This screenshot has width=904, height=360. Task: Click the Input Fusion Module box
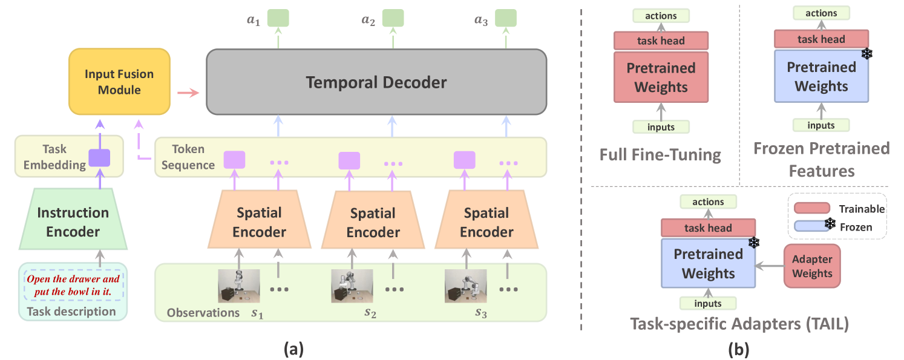[119, 82]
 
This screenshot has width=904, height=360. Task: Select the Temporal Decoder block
[376, 82]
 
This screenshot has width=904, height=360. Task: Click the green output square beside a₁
[278, 18]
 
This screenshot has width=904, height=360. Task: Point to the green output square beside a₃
[506, 18]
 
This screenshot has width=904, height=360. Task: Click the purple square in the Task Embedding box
[99, 158]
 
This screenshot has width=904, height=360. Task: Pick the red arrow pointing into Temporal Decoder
[188, 93]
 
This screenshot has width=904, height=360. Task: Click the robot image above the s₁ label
[239, 286]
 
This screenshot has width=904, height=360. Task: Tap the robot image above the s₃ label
[465, 286]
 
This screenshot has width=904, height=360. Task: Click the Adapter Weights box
[812, 266]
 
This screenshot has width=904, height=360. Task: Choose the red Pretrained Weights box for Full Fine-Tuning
[661, 77]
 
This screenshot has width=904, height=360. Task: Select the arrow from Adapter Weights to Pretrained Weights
[770, 265]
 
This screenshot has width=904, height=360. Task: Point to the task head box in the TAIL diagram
[708, 228]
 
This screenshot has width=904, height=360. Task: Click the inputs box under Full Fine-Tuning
[661, 127]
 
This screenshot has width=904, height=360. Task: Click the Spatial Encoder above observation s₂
[373, 222]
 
